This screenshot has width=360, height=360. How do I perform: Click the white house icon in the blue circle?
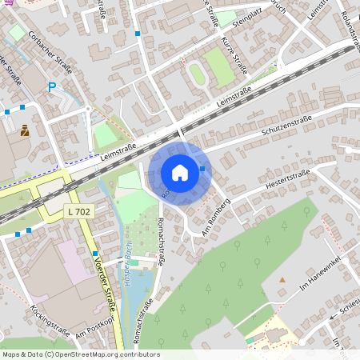[x=180, y=173]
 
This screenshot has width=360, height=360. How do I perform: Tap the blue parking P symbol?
[x=53, y=87]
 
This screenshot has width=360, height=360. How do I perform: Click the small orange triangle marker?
[x=282, y=279]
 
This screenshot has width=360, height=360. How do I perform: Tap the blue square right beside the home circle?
[x=202, y=169]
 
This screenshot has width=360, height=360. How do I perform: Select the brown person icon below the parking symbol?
[x=25, y=130]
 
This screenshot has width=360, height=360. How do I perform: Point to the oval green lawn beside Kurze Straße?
[x=197, y=75]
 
